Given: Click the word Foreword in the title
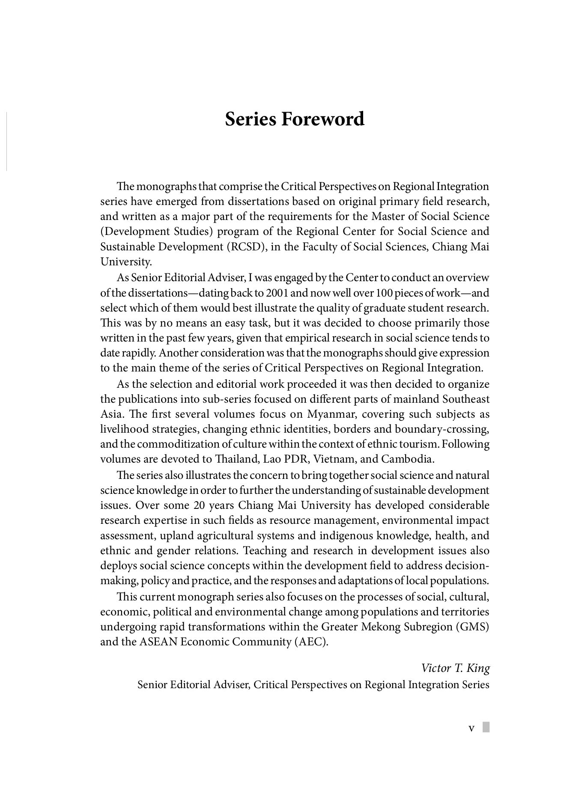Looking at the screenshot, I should point(322,119).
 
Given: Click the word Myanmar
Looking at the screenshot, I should point(328,414).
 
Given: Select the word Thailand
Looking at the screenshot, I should point(236,459).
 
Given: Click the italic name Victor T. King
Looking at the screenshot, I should point(455,668).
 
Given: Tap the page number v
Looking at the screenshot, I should point(472,728).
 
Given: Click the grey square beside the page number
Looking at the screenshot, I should point(486,728).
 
